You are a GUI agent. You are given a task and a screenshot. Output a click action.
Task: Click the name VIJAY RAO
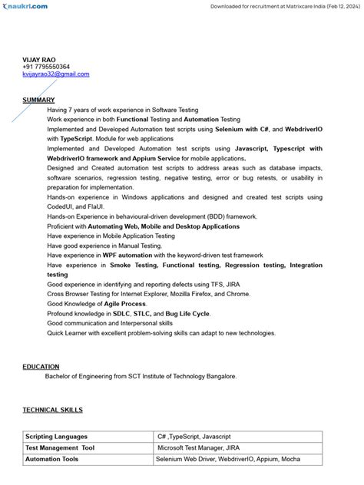pos(39,59)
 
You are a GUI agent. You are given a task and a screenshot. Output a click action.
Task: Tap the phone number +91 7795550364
pos(45,67)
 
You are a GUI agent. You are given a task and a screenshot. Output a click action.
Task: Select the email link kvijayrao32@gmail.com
pos(55,74)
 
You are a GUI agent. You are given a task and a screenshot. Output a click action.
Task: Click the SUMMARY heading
pos(38,101)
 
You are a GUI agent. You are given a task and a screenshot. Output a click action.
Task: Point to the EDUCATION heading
pos(41,367)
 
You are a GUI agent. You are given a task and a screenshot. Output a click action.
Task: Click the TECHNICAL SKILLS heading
pos(52,411)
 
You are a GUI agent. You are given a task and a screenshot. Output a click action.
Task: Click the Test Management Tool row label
pos(60,447)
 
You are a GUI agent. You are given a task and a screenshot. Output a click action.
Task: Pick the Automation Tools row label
pos(51,459)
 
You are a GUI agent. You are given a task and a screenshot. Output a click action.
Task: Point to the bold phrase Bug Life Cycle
pos(187,314)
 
